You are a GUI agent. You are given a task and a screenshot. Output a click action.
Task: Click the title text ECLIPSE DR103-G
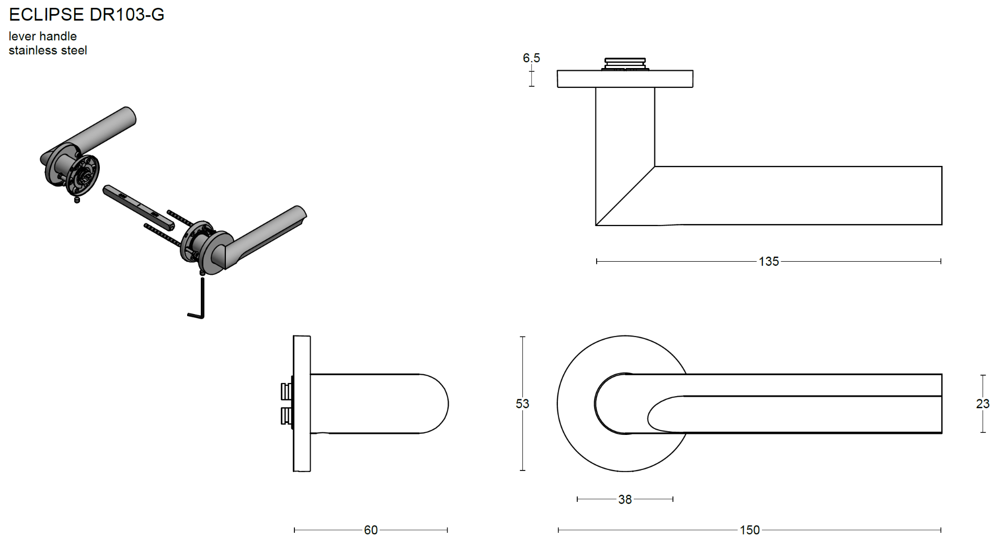[x=87, y=15]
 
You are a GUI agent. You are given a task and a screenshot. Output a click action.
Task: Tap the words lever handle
[x=43, y=36]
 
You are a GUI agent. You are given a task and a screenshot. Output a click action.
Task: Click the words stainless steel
[x=48, y=50]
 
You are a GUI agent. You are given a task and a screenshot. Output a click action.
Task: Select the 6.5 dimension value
[x=531, y=58]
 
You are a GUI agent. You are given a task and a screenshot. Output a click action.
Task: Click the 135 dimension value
[x=769, y=261]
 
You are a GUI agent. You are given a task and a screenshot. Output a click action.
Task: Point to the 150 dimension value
[x=749, y=530]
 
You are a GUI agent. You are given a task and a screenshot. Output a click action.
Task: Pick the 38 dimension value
[x=625, y=499]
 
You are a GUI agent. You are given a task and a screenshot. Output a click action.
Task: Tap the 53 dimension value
[x=522, y=404]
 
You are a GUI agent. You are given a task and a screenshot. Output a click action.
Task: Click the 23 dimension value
[x=983, y=404]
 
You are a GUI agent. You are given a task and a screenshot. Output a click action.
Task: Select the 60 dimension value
[x=371, y=530]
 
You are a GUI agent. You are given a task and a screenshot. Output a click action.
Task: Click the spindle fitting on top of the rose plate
[x=625, y=64]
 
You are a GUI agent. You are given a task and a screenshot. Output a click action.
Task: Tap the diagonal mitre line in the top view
[x=625, y=196]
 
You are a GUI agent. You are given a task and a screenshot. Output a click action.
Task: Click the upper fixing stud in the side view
[x=286, y=391]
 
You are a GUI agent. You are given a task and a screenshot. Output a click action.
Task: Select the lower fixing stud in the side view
[x=286, y=416]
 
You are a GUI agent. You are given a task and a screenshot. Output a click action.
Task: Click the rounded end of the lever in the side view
[x=437, y=404]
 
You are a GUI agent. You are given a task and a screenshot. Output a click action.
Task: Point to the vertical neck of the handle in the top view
[x=625, y=126]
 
